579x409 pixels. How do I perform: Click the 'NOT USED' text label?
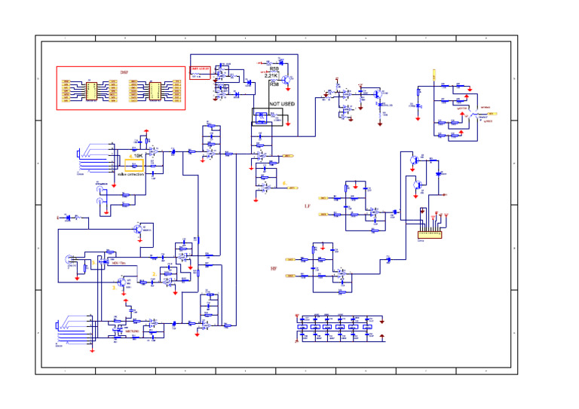point(283,103)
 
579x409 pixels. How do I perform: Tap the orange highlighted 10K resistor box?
point(135,164)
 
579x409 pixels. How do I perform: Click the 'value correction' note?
point(130,174)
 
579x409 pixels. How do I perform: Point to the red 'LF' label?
point(307,206)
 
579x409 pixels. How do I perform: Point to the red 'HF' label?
point(274,268)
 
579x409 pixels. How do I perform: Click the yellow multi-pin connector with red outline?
point(431,235)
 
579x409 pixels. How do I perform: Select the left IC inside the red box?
point(88,91)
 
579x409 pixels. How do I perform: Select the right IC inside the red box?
point(155,91)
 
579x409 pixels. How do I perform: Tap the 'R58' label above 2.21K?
point(274,69)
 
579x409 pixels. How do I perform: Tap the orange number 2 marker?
point(154,273)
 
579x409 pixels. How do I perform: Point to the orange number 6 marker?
point(284,183)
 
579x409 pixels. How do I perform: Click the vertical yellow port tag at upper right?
point(433,75)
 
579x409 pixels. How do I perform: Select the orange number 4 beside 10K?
point(129,156)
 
